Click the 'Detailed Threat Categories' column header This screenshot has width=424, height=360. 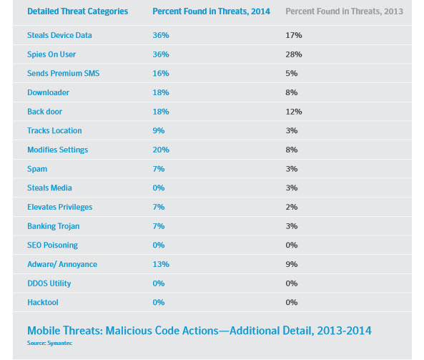78,11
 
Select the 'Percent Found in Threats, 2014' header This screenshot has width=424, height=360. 211,11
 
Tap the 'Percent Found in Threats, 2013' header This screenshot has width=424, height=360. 344,11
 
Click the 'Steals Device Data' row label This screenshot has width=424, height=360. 59,35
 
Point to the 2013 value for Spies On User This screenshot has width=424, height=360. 294,54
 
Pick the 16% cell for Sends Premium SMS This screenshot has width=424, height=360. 161,73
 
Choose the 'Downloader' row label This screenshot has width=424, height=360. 48,92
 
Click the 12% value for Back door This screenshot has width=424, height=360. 294,112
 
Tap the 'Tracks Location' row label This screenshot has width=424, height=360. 54,131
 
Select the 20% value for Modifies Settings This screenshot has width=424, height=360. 161,150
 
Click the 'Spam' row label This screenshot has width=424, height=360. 37,169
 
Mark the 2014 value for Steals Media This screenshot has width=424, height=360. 159,188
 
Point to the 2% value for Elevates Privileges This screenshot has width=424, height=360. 292,207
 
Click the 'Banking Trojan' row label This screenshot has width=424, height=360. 54,226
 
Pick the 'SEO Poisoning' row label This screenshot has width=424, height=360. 52,245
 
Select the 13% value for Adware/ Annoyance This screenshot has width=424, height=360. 161,264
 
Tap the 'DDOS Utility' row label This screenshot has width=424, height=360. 49,283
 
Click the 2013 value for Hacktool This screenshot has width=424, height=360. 292,302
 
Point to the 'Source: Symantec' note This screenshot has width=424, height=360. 49,343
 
